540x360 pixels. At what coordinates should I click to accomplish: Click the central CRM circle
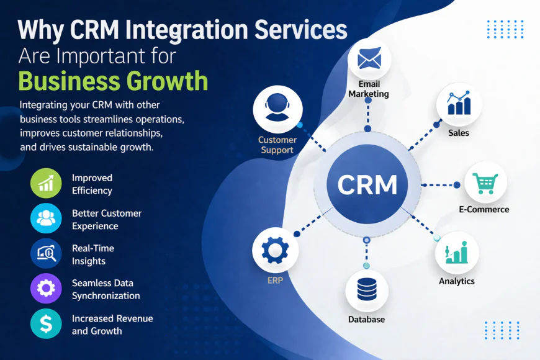coord(367,184)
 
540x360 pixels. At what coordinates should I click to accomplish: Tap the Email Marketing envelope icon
coord(369,60)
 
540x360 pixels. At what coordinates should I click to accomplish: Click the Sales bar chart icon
coord(459,104)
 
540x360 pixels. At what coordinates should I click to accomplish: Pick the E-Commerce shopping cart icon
coord(485,182)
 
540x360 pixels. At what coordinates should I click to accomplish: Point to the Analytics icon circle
coord(456,253)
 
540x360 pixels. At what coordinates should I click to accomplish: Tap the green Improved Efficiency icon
coord(46,184)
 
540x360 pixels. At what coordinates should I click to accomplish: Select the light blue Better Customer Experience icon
coord(46,219)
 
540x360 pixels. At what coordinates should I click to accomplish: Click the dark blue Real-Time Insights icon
coord(46,254)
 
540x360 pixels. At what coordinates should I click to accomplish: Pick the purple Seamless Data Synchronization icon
coord(46,289)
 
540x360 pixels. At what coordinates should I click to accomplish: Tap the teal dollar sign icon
coord(46,323)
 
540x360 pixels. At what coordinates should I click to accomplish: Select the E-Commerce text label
coord(484,210)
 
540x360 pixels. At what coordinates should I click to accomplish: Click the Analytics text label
coord(456,281)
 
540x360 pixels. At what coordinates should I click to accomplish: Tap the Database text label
coord(366,320)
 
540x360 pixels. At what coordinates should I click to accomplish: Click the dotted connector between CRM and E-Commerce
coord(439,184)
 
